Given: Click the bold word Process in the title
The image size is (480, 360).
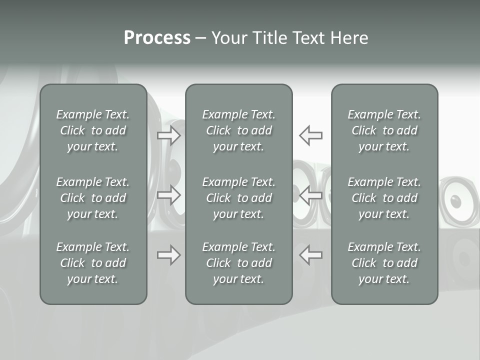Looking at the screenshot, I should (157, 38).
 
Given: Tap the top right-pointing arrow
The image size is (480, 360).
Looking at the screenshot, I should (169, 135).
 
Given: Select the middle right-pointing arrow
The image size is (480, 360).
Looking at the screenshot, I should (169, 195).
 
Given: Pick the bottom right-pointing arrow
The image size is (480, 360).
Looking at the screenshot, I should (169, 255).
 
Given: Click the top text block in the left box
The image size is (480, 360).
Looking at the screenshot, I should (93, 130).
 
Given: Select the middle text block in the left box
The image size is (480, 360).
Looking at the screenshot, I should (93, 198).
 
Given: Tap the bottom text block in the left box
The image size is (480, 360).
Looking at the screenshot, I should (93, 263).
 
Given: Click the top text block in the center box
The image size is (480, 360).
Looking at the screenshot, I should (239, 130).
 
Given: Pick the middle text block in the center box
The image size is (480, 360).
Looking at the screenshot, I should (239, 198).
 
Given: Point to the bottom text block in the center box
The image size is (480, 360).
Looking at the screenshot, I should (239, 263).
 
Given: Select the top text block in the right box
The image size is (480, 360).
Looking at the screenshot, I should (384, 130).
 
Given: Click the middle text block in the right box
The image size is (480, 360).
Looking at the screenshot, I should (384, 198).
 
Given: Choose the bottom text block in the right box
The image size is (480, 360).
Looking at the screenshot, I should (384, 263).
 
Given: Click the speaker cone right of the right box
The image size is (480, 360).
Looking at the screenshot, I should (456, 201).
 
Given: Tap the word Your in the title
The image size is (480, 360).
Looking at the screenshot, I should (229, 38).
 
